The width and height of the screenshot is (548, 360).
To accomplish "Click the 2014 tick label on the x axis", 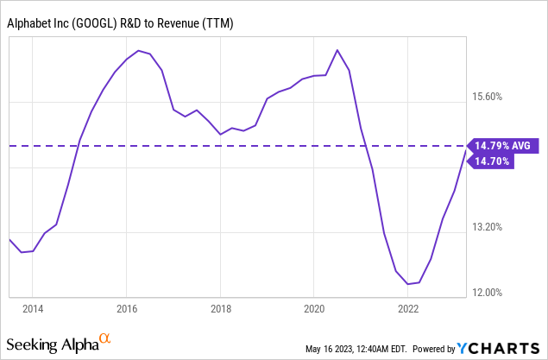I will (32, 309).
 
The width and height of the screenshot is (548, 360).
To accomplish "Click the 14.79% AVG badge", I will (504, 145).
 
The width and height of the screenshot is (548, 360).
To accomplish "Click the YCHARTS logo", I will (500, 348).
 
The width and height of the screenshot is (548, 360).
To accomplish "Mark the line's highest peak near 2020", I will (337, 50).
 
